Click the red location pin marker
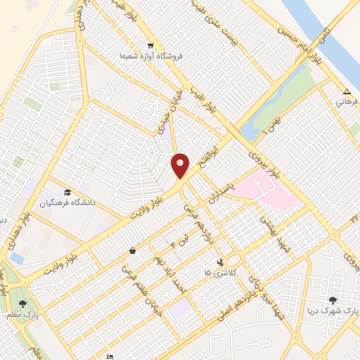(180, 165)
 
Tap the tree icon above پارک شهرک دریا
(333, 300)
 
